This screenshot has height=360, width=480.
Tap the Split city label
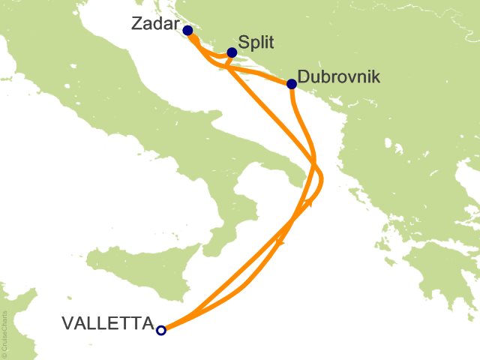(x=254, y=43)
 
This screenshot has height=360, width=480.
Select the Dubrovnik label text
(x=340, y=76)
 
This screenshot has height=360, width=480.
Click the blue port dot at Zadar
(x=187, y=31)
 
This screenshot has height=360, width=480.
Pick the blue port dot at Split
(x=232, y=52)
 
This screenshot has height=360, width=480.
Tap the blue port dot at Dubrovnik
(x=291, y=84)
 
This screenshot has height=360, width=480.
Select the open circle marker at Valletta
(x=160, y=328)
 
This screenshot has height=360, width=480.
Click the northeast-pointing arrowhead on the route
(x=307, y=202)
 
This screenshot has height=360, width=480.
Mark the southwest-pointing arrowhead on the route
(x=281, y=241)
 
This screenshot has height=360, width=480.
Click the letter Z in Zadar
(x=137, y=23)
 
